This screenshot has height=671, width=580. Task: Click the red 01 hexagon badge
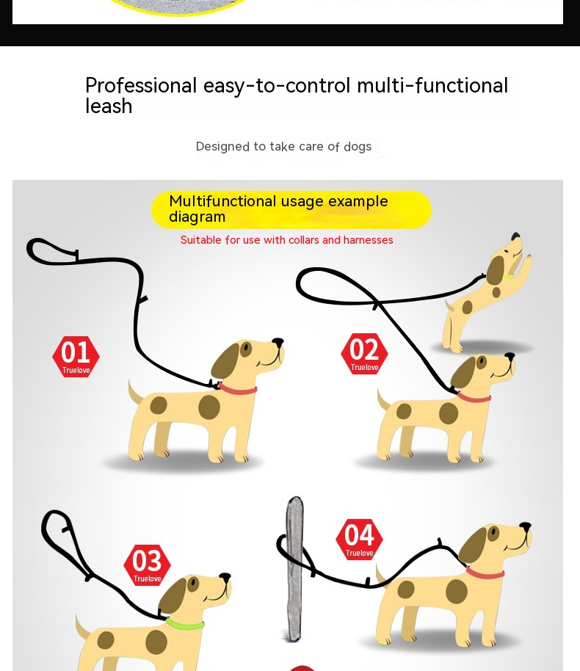pyautogui.click(x=76, y=357)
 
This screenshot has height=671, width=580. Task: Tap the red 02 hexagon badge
pyautogui.click(x=364, y=354)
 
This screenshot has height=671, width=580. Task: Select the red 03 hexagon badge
pyautogui.click(x=147, y=565)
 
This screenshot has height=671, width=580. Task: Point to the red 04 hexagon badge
pyautogui.click(x=359, y=539)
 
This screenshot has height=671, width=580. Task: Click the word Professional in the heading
pyautogui.click(x=141, y=86)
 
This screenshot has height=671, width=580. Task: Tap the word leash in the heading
pyautogui.click(x=109, y=106)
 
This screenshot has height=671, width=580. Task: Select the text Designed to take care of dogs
pyautogui.click(x=283, y=146)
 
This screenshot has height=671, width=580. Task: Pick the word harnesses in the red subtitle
pyautogui.click(x=368, y=239)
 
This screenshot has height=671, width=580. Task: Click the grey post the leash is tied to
pyautogui.click(x=294, y=569)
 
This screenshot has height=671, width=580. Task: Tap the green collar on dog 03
pyautogui.click(x=184, y=623)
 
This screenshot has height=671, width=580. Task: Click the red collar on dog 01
pyautogui.click(x=238, y=388)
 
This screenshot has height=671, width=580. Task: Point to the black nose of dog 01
pyautogui.click(x=278, y=342)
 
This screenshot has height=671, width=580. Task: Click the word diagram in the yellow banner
pyautogui.click(x=197, y=217)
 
